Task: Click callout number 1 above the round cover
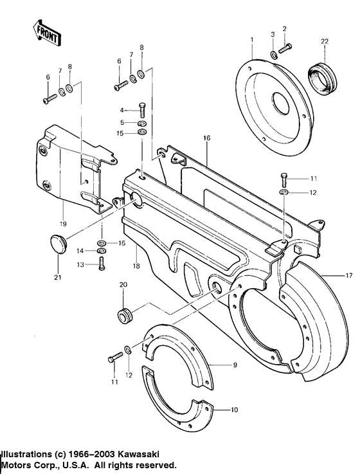tap(252, 40)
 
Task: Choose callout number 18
tap(136, 265)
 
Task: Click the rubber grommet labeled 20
tap(125, 315)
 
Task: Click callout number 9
tap(234, 365)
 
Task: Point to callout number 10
tap(233, 408)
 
